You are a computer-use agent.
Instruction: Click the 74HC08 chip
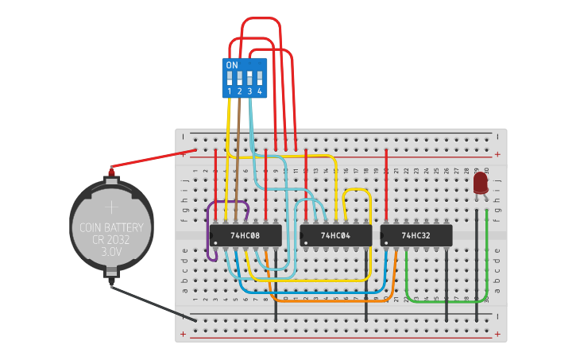245,235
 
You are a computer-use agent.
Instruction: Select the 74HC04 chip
335,235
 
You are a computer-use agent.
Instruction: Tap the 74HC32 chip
416,235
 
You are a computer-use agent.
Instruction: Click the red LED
480,184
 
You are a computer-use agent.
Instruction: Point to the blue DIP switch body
244,79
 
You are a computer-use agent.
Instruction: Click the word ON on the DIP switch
232,65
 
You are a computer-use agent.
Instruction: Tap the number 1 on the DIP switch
230,92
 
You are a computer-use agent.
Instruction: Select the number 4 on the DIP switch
259,92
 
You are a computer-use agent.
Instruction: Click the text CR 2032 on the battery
111,239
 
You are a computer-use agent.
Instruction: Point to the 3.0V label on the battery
111,251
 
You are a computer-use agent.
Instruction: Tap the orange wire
334,301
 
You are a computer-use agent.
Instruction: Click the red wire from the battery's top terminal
155,159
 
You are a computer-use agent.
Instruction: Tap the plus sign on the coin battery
111,207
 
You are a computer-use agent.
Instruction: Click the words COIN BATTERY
111,227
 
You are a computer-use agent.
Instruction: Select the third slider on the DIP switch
249,78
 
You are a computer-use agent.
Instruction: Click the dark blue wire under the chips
318,292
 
